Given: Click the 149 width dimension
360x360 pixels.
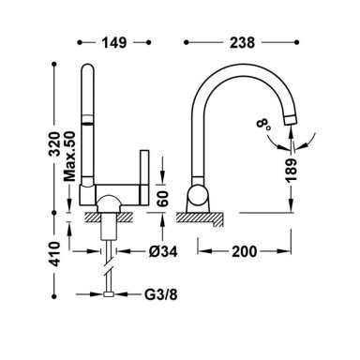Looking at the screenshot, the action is pos(114,42).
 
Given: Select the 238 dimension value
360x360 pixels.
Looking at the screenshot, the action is pos(242,42).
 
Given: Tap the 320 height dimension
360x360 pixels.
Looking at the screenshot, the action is pos(55,144).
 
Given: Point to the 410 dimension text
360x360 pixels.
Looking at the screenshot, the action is pos(55,254).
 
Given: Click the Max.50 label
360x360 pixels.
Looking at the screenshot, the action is pos(69,157).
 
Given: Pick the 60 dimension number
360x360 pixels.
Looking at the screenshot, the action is pos(163,198).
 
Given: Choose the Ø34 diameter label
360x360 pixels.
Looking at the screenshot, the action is pos(163,251).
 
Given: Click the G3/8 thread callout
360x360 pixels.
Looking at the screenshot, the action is pos(160,294).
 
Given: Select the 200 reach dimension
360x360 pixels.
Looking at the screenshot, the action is pos(244,251).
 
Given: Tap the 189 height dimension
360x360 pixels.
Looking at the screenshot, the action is pos(291,171).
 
